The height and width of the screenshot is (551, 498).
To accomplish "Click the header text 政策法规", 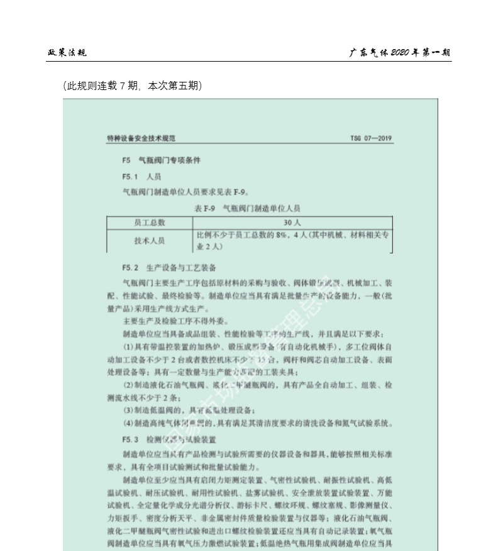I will pyautogui.click(x=67, y=52).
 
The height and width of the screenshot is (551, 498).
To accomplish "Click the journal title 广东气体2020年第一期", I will pyautogui.click(x=400, y=52).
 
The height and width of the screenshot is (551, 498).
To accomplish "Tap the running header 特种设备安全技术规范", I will pyautogui.click(x=141, y=139).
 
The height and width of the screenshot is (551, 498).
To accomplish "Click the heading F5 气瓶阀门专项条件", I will pyautogui.click(x=162, y=161).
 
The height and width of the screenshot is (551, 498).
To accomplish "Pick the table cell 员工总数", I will pyautogui.click(x=150, y=222).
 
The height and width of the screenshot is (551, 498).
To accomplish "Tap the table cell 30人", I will pyautogui.click(x=292, y=222).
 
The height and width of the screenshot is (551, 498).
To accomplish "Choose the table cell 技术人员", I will pyautogui.click(x=150, y=241).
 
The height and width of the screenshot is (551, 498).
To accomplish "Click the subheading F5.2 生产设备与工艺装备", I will pyautogui.click(x=170, y=268).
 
